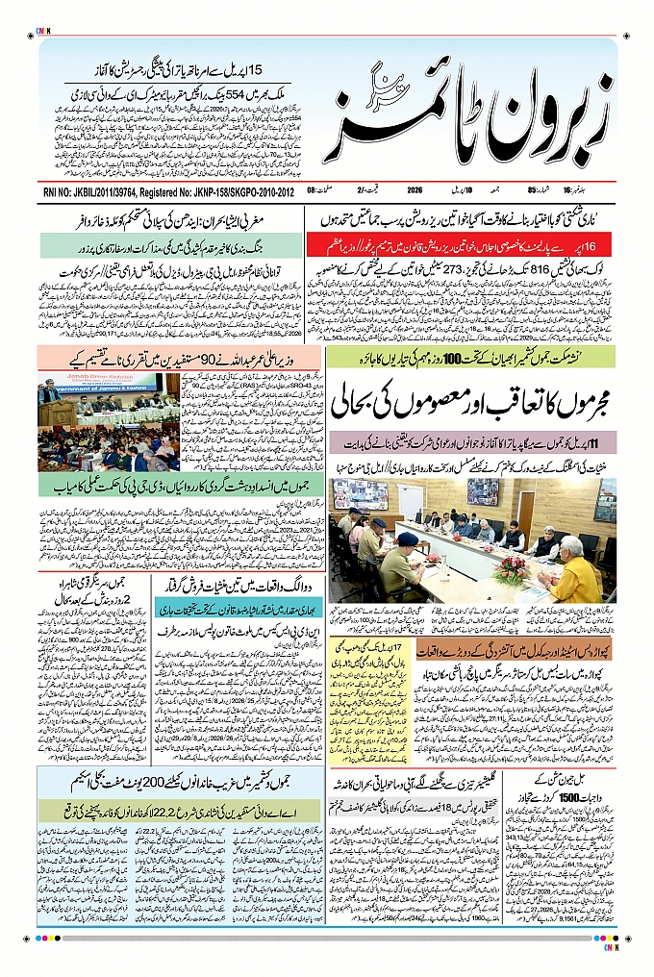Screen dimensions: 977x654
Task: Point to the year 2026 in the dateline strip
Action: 415,190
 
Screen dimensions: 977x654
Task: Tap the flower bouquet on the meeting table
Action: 511,567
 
